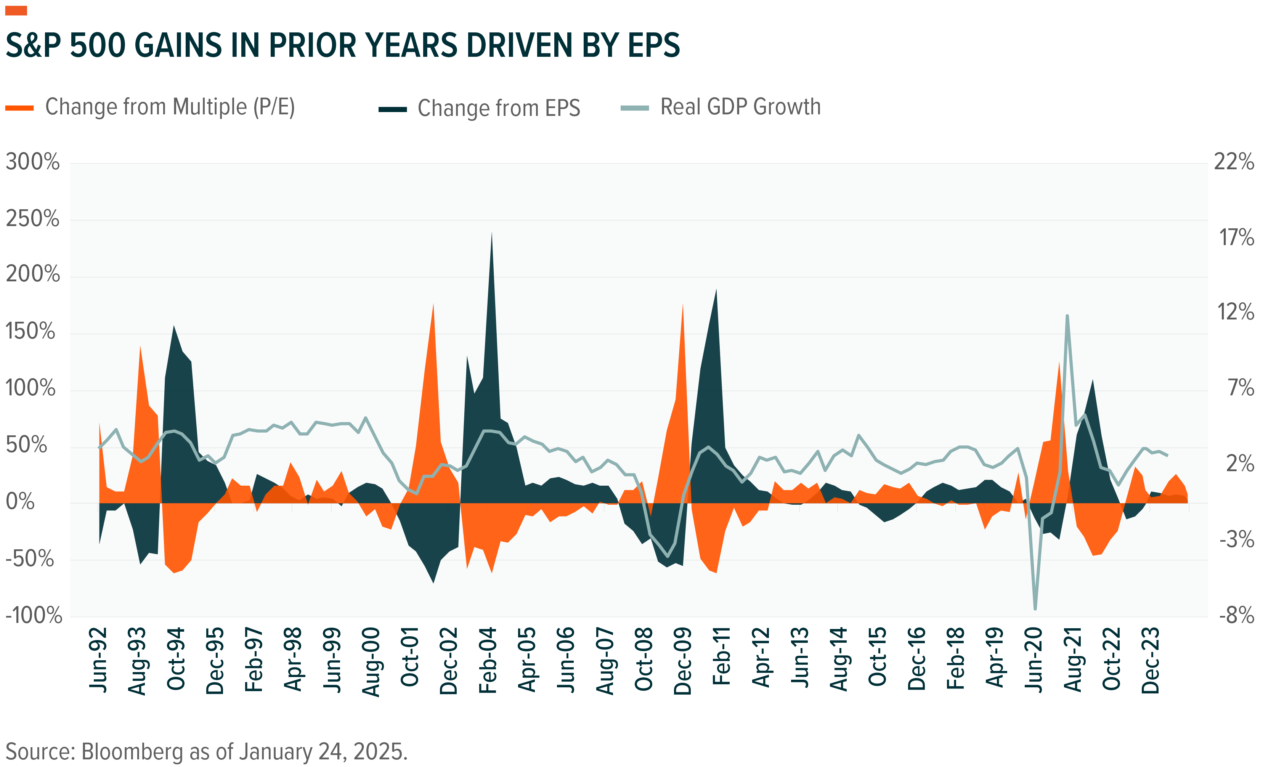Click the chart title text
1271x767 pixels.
point(342,45)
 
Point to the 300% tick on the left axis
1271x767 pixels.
point(32,162)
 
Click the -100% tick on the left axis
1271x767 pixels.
point(34,615)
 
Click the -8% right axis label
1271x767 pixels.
point(1236,615)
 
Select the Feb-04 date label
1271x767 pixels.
point(488,660)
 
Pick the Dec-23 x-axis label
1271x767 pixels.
point(1151,660)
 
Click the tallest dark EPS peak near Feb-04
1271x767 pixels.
point(491,234)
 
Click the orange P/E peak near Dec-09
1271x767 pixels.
point(682,305)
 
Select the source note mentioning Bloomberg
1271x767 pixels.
point(206,751)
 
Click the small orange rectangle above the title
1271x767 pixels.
point(16,10)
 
